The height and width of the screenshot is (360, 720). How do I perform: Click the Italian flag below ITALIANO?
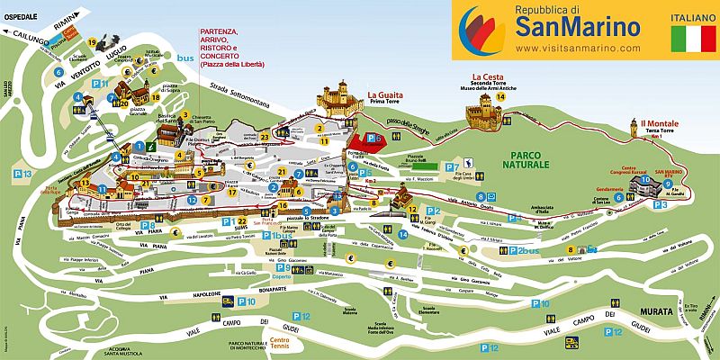[687, 40]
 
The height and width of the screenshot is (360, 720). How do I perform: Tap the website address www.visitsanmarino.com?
[578, 48]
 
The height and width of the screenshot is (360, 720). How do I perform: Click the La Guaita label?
[384, 94]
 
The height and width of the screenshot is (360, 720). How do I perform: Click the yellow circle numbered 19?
[93, 42]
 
